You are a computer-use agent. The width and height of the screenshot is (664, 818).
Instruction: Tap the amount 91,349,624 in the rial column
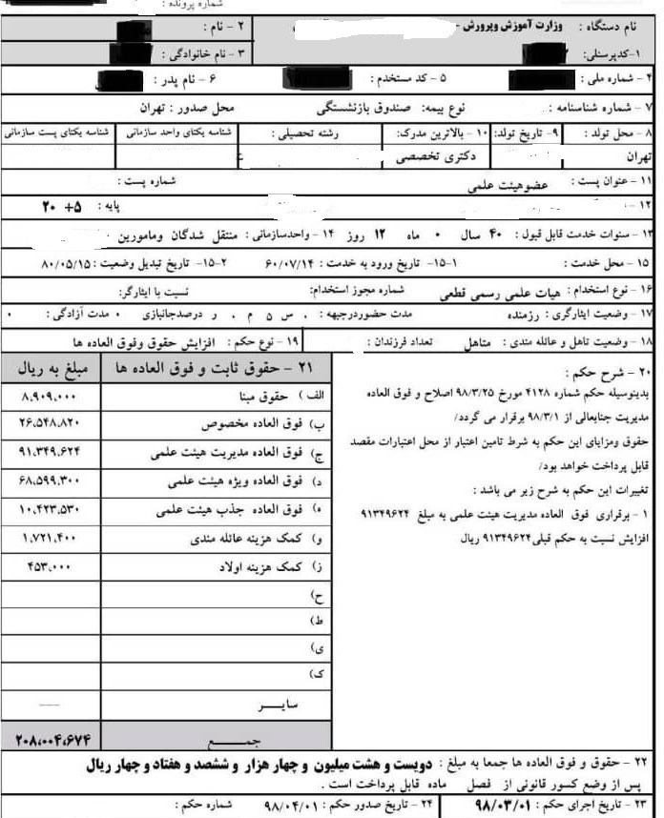(x=53, y=453)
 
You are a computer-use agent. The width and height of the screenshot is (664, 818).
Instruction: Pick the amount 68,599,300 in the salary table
(x=53, y=481)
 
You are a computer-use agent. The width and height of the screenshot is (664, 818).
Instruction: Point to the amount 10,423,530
(x=53, y=510)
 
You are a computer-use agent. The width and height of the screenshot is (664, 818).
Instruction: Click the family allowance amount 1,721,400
(x=48, y=539)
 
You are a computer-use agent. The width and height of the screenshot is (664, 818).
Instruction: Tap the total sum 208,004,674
(x=53, y=739)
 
